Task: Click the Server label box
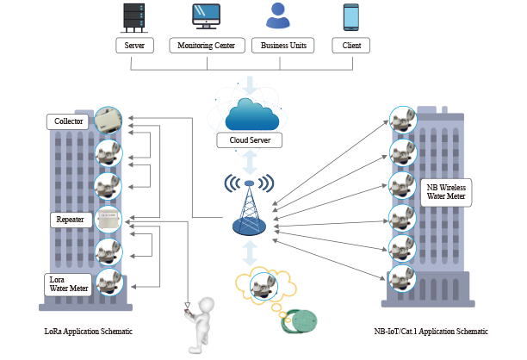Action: pyautogui.click(x=134, y=45)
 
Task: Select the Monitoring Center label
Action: pyautogui.click(x=208, y=45)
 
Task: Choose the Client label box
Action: pyautogui.click(x=350, y=45)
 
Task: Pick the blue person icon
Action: pyautogui.click(x=277, y=16)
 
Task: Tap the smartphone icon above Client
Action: pyautogui.click(x=350, y=16)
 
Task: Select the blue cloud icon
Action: pyautogui.click(x=249, y=115)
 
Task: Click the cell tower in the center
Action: pyautogui.click(x=250, y=208)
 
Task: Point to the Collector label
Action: pyautogui.click(x=67, y=122)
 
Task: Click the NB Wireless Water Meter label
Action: pyautogui.click(x=445, y=190)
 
